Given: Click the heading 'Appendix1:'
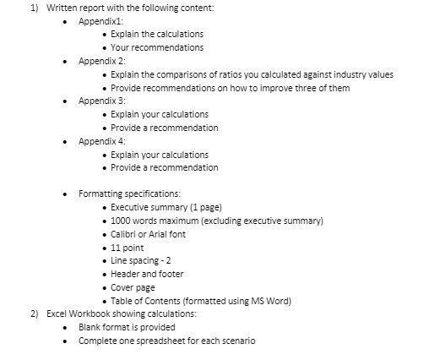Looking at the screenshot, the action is pos(101,20).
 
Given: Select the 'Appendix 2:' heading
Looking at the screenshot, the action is pos(102,61).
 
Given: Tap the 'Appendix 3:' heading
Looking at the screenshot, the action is pos(102,101).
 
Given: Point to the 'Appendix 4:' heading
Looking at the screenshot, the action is pos(102,141).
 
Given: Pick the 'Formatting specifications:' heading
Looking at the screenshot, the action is pos(129,194).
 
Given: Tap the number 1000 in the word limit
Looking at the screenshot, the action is pos(122,221).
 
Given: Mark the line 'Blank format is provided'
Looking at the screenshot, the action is pos(127,327).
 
